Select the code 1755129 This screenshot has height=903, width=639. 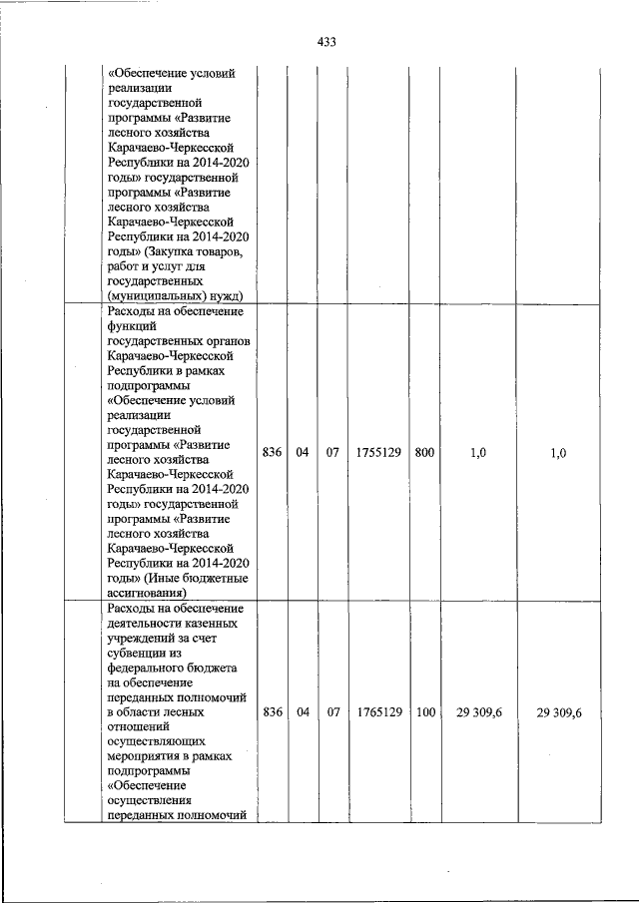click(x=377, y=452)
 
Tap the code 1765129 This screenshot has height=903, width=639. click(x=377, y=712)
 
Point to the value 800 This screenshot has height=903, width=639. click(x=424, y=452)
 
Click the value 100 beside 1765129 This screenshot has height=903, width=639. click(x=424, y=712)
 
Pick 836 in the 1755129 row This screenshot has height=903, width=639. click(x=272, y=452)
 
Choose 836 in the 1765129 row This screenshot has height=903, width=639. click(x=272, y=712)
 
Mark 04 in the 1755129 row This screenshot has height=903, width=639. click(x=303, y=452)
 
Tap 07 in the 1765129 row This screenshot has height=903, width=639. click(x=333, y=712)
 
